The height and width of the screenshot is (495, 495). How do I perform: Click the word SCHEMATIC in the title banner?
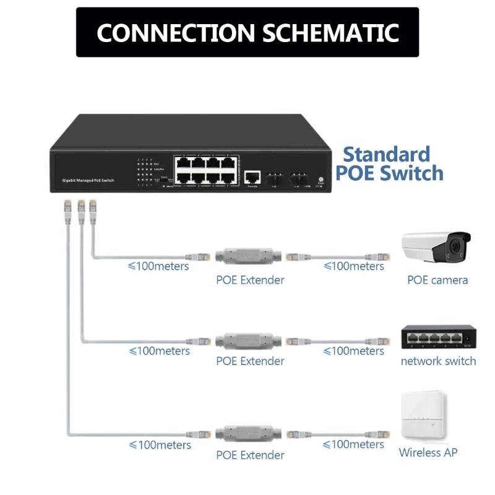point(322,33)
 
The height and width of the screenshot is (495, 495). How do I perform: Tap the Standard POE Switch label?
point(389,163)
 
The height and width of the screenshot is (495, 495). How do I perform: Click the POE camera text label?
point(437,280)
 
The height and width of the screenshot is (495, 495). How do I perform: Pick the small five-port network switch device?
point(437,337)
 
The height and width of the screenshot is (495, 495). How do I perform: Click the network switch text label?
point(438,361)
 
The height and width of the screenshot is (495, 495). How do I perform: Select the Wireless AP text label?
point(428,453)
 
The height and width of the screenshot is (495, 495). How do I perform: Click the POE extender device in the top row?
point(249,256)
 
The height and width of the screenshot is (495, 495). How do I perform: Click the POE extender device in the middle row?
point(249,340)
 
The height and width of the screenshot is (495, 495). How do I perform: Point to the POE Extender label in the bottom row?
point(250,455)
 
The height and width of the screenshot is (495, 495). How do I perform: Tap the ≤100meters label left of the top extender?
point(158,266)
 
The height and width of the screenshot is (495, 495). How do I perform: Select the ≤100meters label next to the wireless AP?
point(353,444)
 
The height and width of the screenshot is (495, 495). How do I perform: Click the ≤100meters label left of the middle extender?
point(158,351)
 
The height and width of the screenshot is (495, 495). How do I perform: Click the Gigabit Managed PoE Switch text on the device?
point(88,179)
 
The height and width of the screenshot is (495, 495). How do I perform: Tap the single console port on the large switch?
point(252,176)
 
